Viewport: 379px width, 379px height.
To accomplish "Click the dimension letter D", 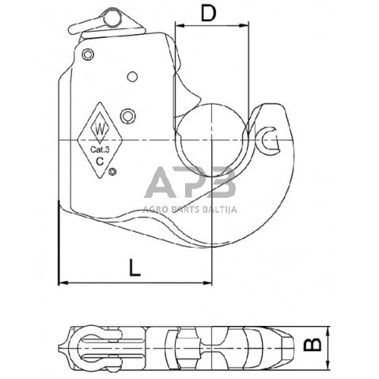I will (209, 13).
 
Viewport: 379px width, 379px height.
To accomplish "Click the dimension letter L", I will (135, 267).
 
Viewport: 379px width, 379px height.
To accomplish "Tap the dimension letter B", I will (313, 344).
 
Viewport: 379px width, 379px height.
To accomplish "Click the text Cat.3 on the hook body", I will (99, 146).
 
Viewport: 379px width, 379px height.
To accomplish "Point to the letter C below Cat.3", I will (99, 161).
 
